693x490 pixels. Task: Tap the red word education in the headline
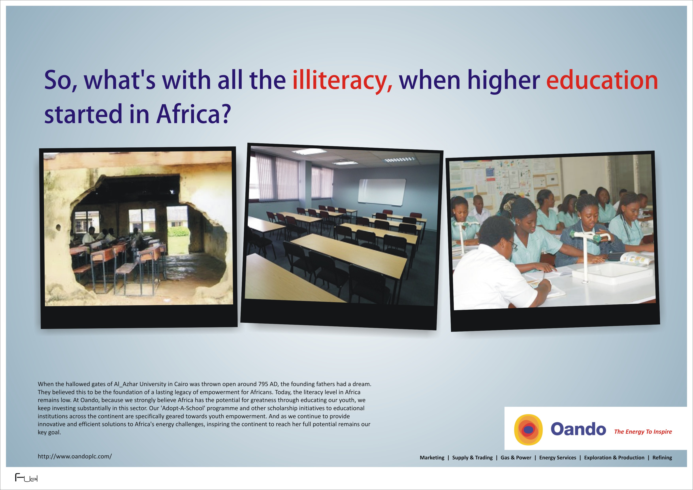pos(602,80)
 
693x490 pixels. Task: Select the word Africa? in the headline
pos(193,114)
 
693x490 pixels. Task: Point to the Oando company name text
pos(578,429)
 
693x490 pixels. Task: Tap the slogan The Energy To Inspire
pos(643,432)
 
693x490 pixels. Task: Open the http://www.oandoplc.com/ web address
pos(74,456)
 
